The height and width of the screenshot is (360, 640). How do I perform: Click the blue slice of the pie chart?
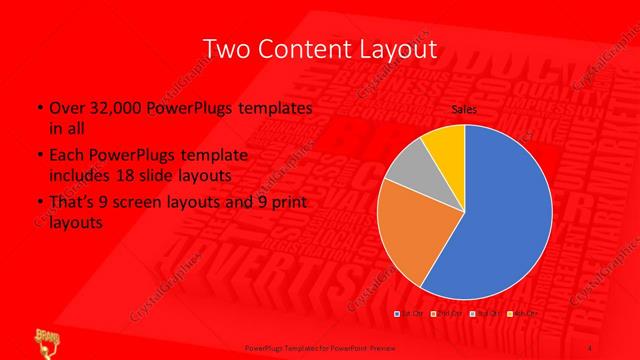[x=500, y=215]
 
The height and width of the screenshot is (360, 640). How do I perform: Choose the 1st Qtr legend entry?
[x=411, y=314]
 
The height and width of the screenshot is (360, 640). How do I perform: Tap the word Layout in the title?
[x=396, y=49]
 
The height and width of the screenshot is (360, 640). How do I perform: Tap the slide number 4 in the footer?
[x=591, y=347]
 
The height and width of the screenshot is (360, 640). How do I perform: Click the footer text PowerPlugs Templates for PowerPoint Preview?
[x=319, y=347]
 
